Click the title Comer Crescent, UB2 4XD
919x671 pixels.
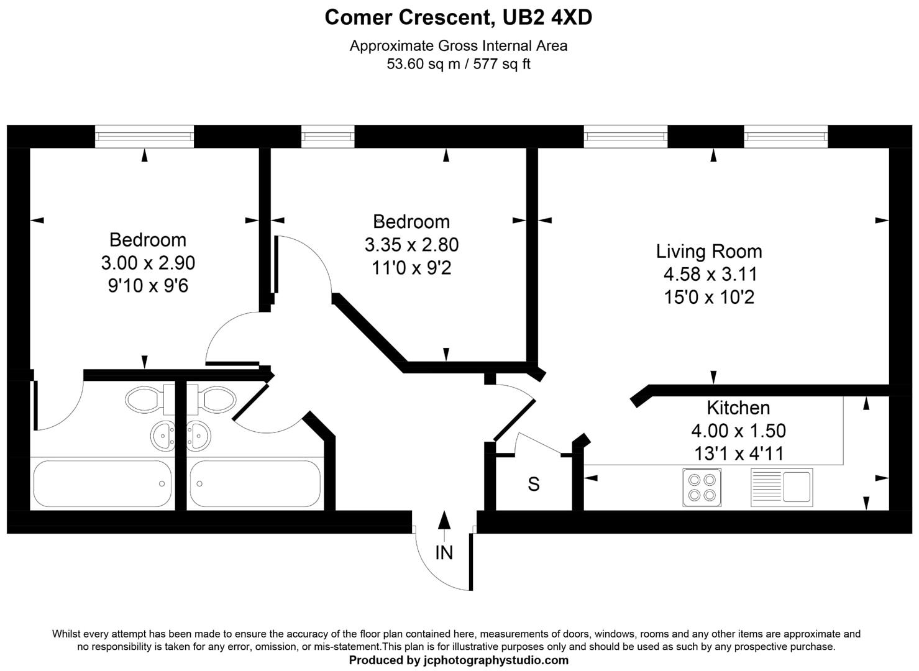click(458, 17)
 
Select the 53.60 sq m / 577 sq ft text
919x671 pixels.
click(458, 64)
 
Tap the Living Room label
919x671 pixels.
click(708, 251)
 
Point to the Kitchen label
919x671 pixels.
click(738, 408)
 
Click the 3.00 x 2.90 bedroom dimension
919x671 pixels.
click(148, 263)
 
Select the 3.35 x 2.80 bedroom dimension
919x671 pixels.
click(411, 245)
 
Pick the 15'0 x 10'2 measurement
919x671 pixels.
click(709, 298)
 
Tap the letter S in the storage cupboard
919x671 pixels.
click(533, 484)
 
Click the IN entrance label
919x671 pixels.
click(444, 552)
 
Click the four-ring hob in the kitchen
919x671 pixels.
click(702, 487)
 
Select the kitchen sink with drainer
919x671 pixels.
click(782, 487)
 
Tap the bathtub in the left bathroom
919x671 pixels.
click(101, 483)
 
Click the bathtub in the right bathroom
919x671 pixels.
click(255, 483)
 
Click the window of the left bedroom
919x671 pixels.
click(144, 136)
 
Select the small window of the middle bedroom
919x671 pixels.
click(327, 136)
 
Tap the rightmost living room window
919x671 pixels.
click(785, 136)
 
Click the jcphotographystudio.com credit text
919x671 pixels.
click(459, 660)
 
